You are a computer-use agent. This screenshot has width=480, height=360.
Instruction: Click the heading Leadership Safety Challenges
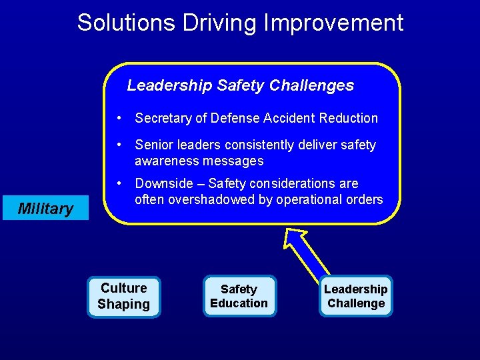point(240,85)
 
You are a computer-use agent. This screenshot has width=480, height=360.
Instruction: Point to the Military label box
point(45,209)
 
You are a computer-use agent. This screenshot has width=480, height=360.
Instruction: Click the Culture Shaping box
point(124,297)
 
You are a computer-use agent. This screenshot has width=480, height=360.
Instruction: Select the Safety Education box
point(239,297)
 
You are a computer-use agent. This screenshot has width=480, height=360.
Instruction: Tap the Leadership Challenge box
point(355,297)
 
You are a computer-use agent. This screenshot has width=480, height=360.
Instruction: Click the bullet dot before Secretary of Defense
point(118,118)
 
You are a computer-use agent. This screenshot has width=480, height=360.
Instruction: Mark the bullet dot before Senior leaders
point(118,145)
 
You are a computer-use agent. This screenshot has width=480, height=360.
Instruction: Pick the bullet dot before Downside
point(118,183)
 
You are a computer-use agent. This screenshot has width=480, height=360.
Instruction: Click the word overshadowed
point(217,200)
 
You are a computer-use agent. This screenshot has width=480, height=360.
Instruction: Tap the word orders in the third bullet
point(365,200)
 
